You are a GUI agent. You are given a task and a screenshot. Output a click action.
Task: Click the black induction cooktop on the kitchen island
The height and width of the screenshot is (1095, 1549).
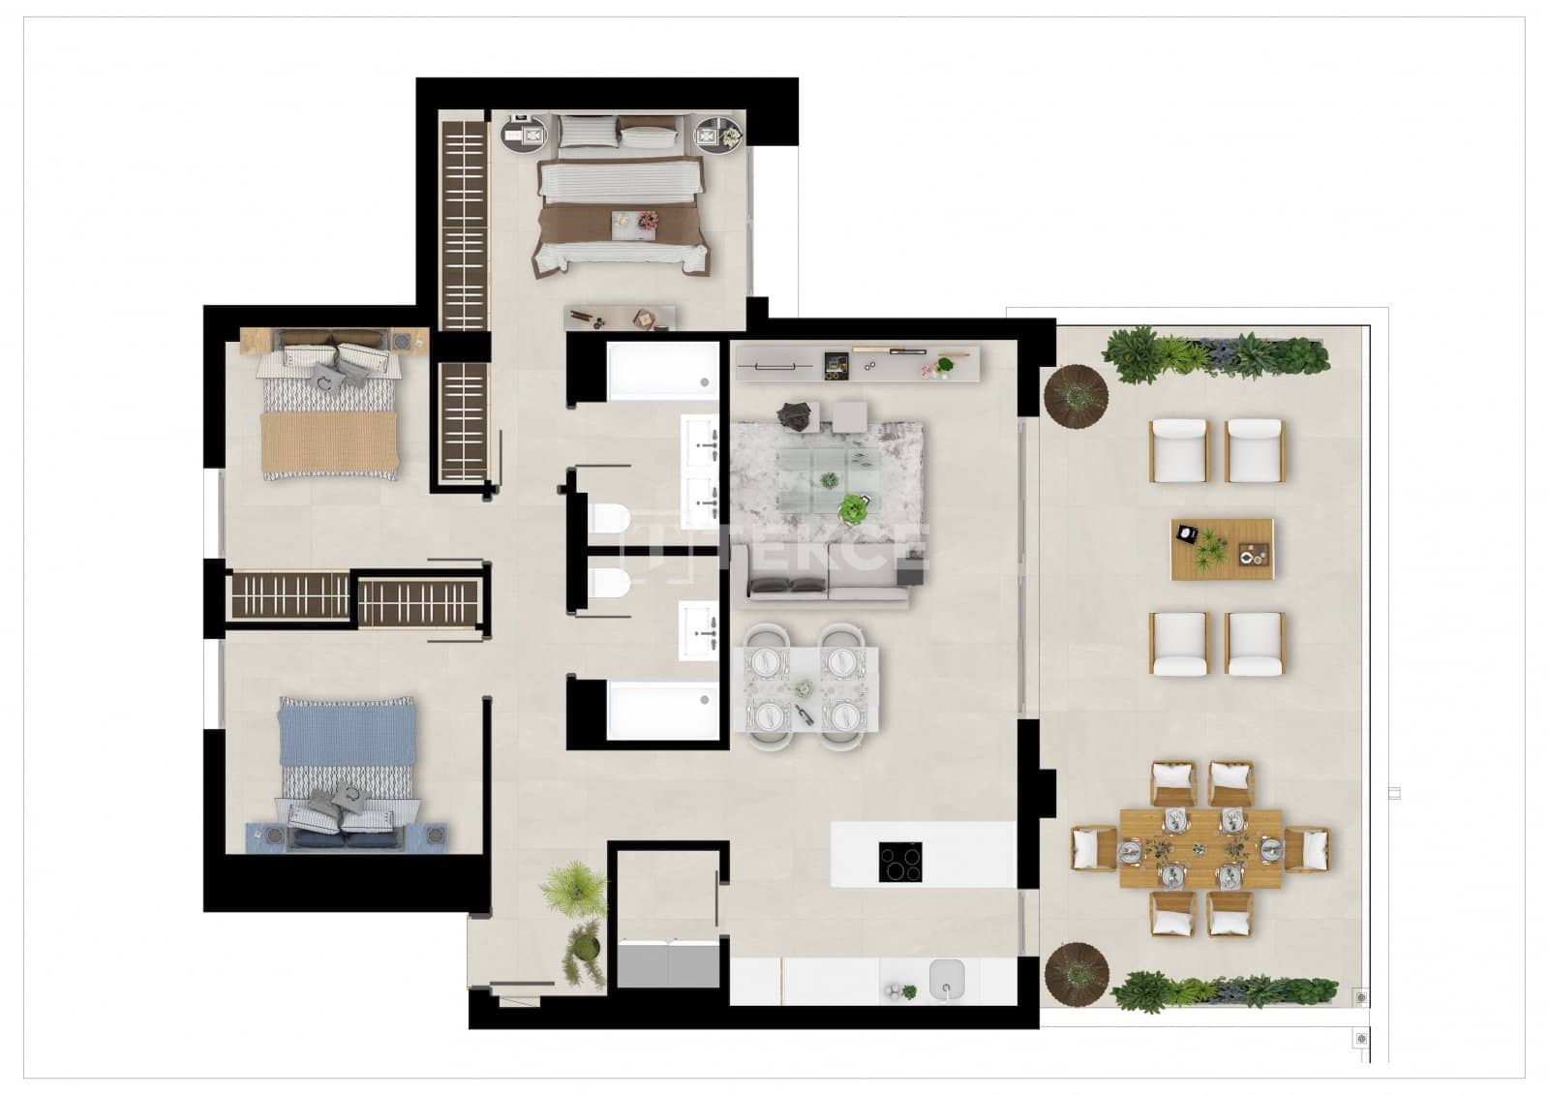[900, 862]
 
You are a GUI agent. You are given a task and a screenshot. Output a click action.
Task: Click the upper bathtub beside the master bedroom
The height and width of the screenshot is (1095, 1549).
[663, 370]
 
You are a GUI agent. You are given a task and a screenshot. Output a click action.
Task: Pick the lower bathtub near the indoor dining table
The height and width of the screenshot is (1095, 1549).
[663, 711]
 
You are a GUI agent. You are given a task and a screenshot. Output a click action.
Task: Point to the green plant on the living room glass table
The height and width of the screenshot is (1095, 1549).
[853, 507]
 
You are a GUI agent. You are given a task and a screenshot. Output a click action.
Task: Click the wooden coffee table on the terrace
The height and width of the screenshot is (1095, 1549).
[1222, 549]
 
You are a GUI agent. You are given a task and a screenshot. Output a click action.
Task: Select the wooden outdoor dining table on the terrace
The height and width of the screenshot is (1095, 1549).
[1200, 849]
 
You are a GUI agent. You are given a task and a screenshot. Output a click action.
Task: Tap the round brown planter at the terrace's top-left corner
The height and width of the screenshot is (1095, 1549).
[1076, 394]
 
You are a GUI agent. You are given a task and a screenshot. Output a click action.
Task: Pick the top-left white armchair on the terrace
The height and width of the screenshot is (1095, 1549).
[1179, 450]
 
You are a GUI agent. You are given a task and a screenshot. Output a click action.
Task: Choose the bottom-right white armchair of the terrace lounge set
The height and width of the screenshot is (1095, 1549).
[1255, 643]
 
